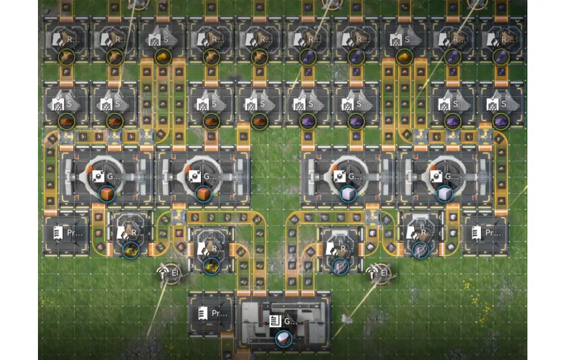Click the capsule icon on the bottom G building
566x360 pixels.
[x=283, y=338]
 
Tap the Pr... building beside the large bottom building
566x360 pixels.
[x=211, y=314]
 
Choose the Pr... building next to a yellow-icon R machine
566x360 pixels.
[x=65, y=232]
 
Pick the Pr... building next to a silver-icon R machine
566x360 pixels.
[x=486, y=232]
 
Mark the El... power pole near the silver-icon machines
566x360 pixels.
[x=380, y=272]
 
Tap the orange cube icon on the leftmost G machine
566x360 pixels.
[x=106, y=193]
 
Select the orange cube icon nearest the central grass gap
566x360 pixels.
[x=203, y=193]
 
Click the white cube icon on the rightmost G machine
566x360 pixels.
[x=444, y=193]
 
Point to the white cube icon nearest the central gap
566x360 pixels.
[x=348, y=193]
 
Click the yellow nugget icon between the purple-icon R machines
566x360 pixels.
[x=404, y=58]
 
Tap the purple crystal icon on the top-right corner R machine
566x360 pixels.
[x=501, y=58]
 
